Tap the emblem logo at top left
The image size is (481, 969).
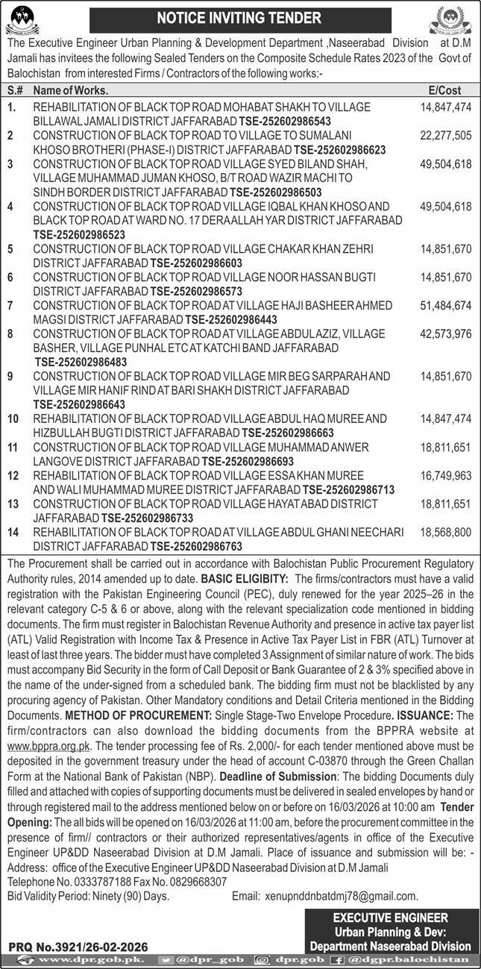point(25,19)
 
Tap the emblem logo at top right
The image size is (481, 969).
point(455,19)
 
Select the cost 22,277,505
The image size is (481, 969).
point(446,135)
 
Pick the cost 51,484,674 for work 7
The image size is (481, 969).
point(446,304)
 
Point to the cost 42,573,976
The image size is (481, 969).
point(446,333)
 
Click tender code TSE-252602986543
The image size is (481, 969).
point(284,121)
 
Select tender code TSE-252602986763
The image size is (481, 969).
point(197,545)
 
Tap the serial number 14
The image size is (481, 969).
point(13,532)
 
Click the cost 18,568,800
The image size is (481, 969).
point(446,532)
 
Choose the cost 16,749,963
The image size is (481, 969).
point(446,474)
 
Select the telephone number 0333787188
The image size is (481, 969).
point(101,881)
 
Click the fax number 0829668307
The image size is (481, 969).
point(197,881)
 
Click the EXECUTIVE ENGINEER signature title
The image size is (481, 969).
point(390,918)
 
